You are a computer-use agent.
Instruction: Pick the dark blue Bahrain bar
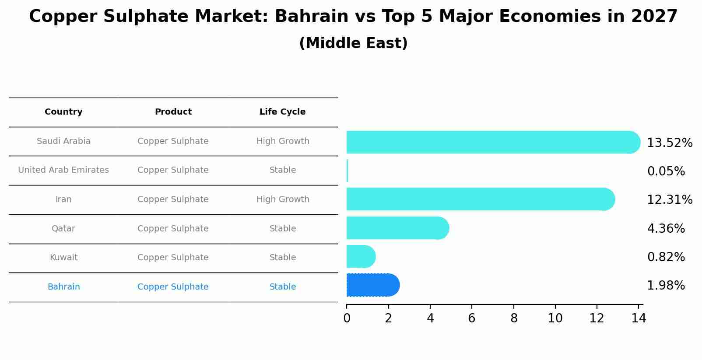372,285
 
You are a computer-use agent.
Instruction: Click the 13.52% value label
669,143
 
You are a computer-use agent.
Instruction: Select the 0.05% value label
666,171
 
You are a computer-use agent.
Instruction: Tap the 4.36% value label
666,229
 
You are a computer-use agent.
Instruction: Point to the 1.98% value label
666,286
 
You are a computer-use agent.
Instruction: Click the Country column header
63,112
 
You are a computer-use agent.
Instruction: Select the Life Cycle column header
282,112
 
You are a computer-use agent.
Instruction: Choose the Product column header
173,112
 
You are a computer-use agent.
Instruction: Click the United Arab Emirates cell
63,170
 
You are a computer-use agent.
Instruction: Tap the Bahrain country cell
63,287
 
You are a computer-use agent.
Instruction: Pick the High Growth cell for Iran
283,199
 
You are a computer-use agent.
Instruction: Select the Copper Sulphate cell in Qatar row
173,229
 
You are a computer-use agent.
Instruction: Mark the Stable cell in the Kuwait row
283,258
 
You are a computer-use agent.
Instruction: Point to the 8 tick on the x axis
514,318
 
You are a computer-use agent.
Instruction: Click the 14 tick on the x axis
639,318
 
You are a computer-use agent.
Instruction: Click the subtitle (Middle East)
353,43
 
